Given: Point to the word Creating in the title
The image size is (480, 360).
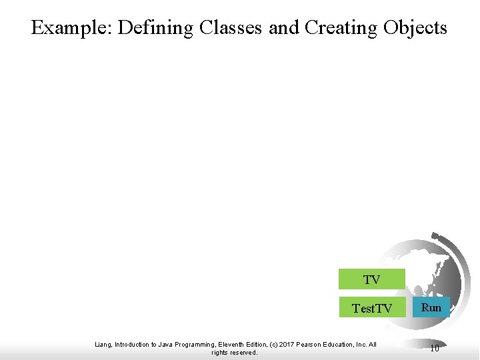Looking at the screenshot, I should click(x=341, y=27).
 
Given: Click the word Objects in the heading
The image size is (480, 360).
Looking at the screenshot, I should click(x=415, y=27).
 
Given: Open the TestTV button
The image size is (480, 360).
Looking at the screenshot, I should click(x=371, y=308).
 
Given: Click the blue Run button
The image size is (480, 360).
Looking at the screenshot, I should click(x=431, y=307).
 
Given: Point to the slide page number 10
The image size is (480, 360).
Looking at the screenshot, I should click(x=434, y=347).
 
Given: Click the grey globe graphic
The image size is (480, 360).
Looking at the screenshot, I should click(x=427, y=267).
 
